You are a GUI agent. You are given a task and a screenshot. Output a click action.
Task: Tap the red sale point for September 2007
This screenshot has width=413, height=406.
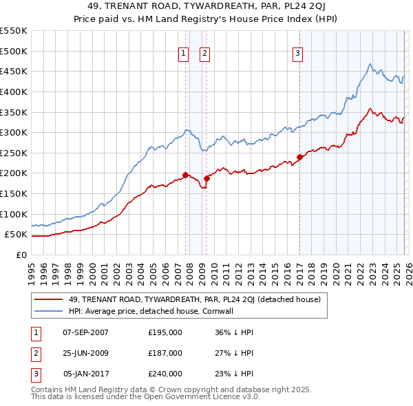[185, 175]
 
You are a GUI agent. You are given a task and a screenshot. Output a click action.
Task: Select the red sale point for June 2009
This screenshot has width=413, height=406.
[206, 178]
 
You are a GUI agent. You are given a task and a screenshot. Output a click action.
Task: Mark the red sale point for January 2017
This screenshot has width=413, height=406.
[299, 157]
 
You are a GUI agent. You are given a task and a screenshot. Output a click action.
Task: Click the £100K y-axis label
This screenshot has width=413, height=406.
[14, 214]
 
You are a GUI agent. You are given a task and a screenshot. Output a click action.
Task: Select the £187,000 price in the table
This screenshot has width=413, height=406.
[165, 353]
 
